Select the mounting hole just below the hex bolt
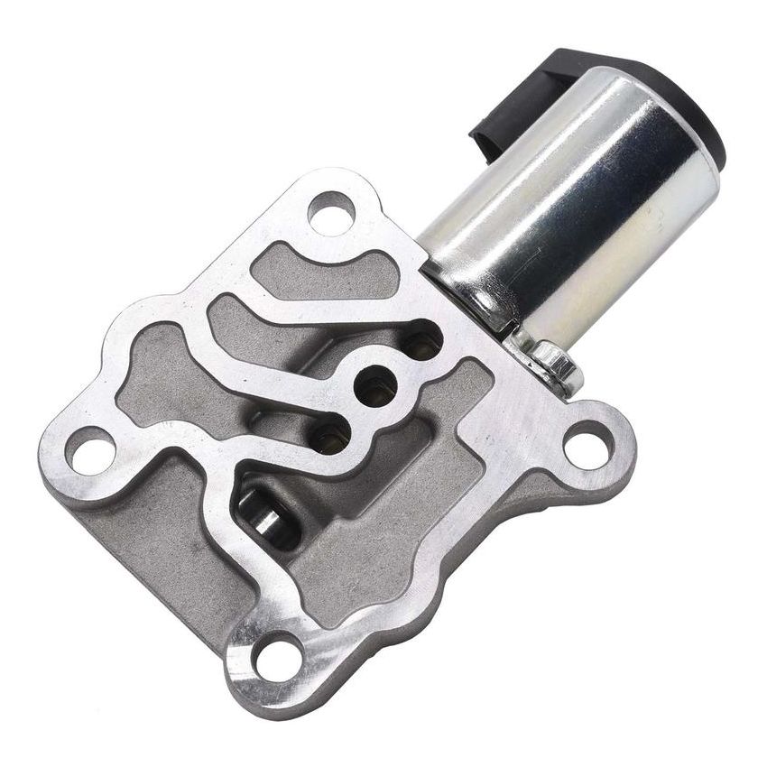587,445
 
